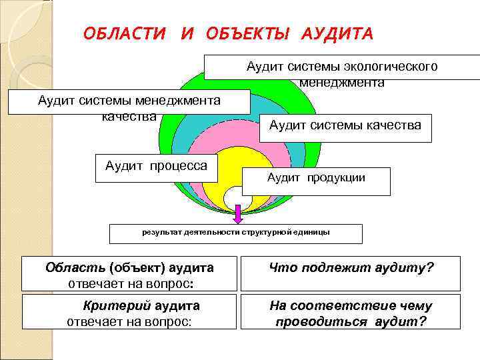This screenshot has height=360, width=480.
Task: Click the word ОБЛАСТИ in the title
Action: coord(124,33)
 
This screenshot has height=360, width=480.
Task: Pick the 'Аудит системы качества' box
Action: coord(345,125)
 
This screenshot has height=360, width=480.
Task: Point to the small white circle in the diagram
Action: coord(237,198)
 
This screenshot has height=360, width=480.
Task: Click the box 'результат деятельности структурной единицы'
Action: coord(235,233)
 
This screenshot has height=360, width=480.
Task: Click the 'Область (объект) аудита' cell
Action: coord(129,273)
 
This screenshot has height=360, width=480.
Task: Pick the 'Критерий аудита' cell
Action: coord(129,312)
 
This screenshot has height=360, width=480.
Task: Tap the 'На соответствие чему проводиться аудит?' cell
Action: coord(351,312)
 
